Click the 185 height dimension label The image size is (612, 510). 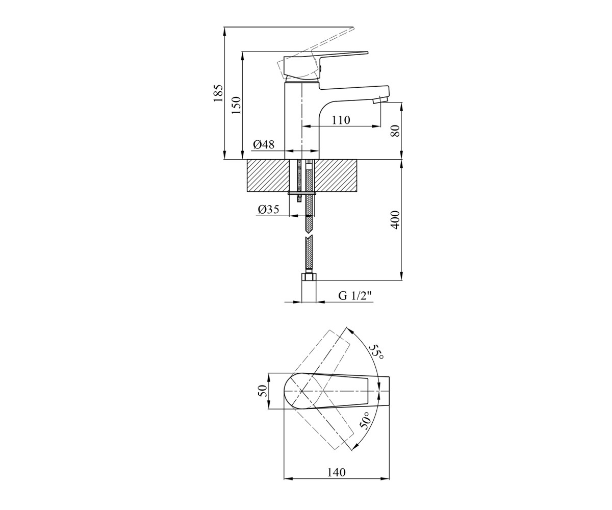[x=218, y=93]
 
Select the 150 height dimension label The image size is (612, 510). [x=236, y=106]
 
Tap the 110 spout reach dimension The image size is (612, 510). [x=341, y=120]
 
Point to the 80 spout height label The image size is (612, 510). [x=395, y=131]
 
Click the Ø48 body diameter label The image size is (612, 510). [x=264, y=144]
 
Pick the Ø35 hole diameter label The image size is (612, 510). [x=268, y=209]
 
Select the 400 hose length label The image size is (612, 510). [x=395, y=220]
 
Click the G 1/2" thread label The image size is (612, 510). [x=355, y=296]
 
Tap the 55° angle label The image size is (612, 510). [x=376, y=352]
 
